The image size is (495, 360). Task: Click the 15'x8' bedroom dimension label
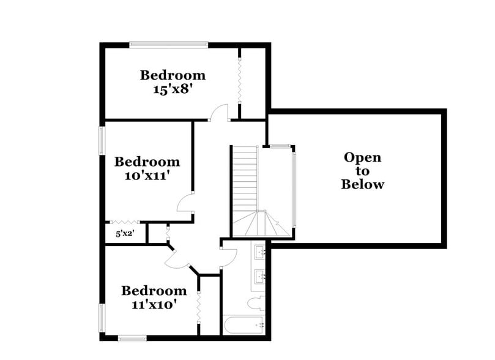pos(173,89)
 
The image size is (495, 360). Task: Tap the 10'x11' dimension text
pos(147,176)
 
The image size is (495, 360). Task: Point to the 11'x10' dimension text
pos(153,304)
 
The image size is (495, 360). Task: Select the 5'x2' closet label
pos(125,233)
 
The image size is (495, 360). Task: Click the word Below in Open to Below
pos(362,184)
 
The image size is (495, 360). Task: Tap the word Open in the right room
pos(362,157)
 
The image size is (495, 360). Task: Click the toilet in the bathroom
pos(256,303)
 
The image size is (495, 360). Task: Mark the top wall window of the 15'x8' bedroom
pos(168,44)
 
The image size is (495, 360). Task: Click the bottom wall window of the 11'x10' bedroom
pos(132,338)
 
